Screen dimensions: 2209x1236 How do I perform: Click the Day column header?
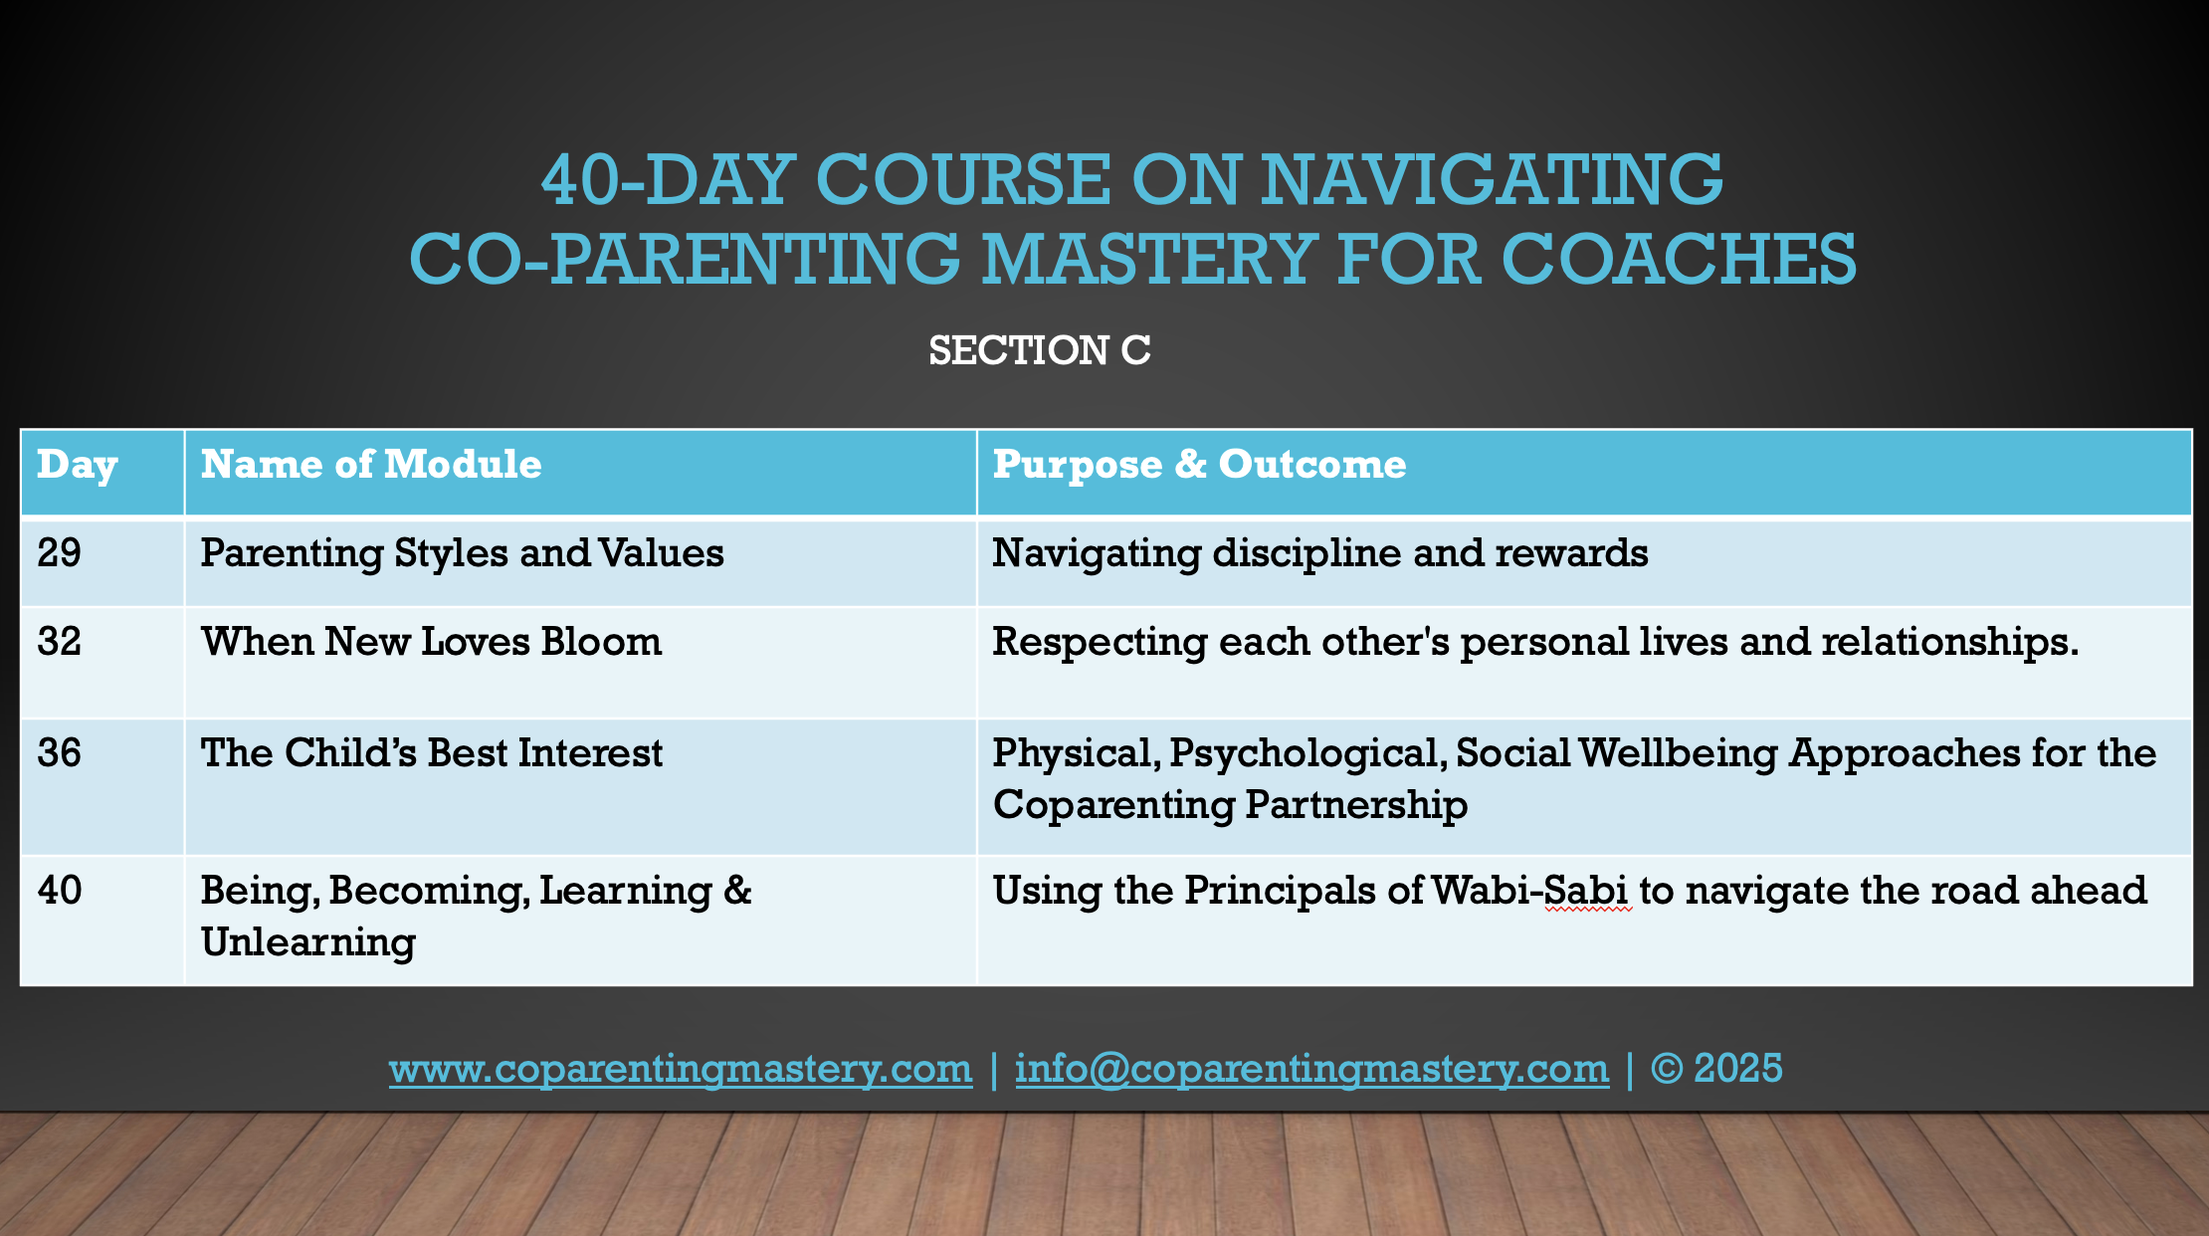(x=78, y=465)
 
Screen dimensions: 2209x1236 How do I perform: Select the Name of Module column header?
(x=371, y=464)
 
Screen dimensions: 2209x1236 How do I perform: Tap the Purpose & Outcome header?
(x=1199, y=465)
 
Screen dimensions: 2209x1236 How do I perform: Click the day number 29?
(x=60, y=552)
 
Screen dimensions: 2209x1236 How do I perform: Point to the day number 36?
(x=60, y=752)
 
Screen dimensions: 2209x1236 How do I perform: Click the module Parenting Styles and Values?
(x=463, y=554)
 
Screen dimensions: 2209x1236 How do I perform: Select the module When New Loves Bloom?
(x=431, y=641)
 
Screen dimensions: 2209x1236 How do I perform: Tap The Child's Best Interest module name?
(x=431, y=752)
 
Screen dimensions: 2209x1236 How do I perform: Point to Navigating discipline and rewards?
(x=1320, y=554)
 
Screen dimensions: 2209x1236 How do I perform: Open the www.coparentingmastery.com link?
(x=681, y=1069)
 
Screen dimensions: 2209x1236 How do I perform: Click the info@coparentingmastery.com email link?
(x=1311, y=1069)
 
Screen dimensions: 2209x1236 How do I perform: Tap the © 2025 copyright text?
(x=1716, y=1068)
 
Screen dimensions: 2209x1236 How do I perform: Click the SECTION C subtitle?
(x=1040, y=350)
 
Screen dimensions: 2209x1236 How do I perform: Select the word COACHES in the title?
(x=1679, y=259)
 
